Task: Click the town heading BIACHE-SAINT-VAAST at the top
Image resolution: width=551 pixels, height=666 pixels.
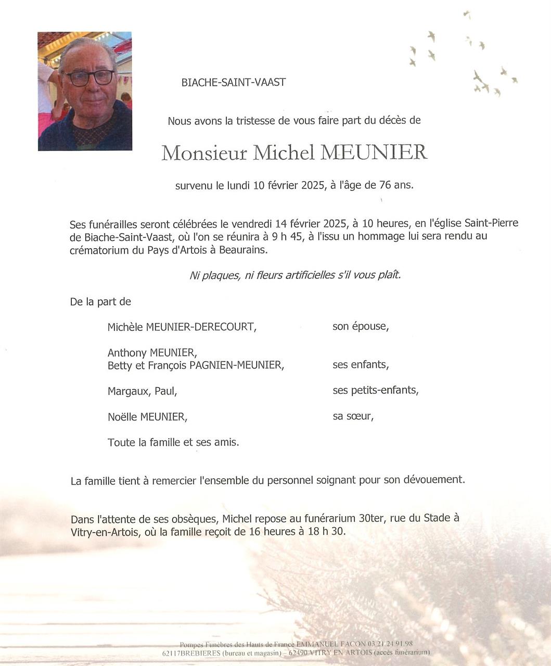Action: coord(233,82)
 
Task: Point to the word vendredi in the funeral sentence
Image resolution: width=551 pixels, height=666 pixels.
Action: coord(252,224)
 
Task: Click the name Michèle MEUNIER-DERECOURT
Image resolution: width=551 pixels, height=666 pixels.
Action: coord(182,327)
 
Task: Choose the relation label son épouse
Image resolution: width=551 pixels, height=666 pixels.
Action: coord(360,327)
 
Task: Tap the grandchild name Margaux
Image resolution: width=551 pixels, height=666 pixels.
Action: coord(128,391)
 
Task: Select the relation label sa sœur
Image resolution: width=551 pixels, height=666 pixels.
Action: coord(353,416)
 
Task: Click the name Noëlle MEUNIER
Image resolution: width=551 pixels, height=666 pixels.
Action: coord(147,416)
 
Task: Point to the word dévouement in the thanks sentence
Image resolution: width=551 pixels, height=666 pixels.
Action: coord(434,480)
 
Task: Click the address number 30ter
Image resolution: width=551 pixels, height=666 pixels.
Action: coord(363,519)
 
